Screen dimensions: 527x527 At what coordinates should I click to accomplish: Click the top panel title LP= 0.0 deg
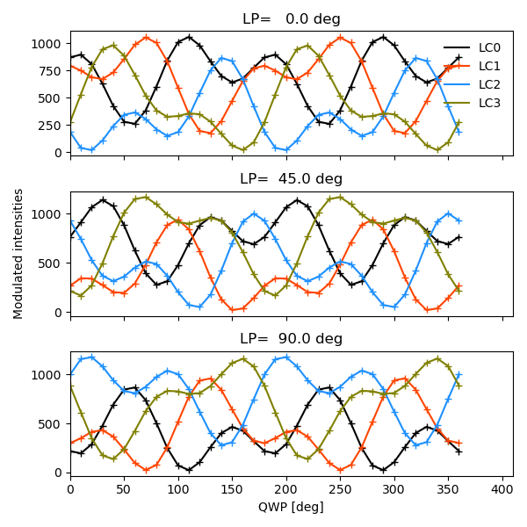292,19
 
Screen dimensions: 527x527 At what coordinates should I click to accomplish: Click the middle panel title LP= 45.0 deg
292,179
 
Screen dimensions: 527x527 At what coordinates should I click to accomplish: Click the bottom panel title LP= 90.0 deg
292,339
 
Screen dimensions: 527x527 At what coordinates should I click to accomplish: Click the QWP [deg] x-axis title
292,508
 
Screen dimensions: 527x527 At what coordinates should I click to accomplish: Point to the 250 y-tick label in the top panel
51,126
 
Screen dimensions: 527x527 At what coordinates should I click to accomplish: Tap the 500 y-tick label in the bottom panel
51,423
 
